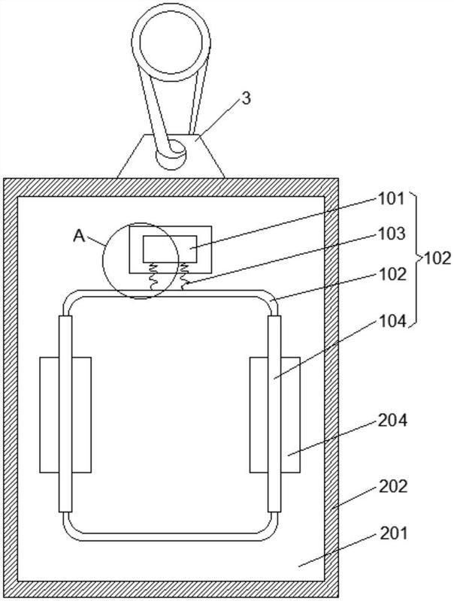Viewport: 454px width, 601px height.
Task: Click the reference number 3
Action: (246, 98)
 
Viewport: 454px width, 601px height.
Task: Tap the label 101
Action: (392, 199)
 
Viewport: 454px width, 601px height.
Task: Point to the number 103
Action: (392, 234)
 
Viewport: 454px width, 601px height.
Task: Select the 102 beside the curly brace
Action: (437, 258)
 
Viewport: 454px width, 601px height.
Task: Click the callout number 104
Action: (392, 322)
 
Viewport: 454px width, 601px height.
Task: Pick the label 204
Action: (392, 421)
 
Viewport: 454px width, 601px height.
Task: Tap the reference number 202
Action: (393, 486)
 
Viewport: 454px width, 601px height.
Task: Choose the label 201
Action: (393, 533)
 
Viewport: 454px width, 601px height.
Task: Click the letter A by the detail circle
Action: (79, 236)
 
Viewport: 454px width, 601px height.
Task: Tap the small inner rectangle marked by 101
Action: (170, 249)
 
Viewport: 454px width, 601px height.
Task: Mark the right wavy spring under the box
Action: (184, 276)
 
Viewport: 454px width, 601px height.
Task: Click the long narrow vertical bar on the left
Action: (65, 414)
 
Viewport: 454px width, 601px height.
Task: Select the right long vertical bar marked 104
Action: (274, 414)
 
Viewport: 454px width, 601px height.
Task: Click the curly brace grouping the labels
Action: (415, 259)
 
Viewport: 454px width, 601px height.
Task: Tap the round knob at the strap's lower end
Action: (171, 154)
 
